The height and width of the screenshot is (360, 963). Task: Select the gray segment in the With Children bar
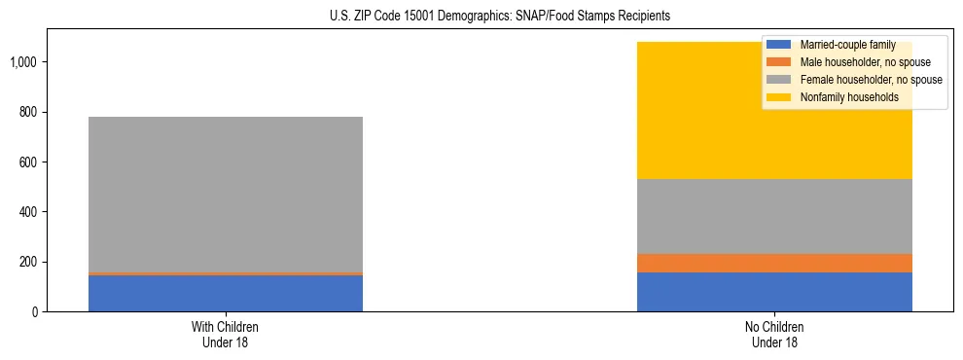226,195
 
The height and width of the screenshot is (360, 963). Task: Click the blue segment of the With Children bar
226,293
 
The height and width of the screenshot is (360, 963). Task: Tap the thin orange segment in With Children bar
226,273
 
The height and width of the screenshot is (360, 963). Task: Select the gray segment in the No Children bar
774,216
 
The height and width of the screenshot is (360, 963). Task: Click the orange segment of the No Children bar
774,263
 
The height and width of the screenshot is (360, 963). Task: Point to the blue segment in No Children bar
774,292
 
